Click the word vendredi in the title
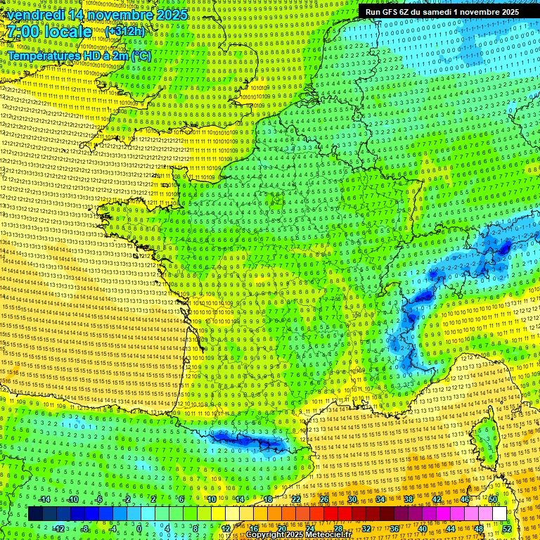tap(36, 15)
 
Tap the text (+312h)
tap(124, 32)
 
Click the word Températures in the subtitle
tap(41, 56)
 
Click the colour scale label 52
tap(506, 529)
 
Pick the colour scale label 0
tap(139, 529)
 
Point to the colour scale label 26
tap(324, 499)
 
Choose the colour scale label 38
tap(408, 499)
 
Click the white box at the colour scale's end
tap(499, 514)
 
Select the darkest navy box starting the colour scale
tap(35, 514)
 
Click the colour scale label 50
tap(492, 499)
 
